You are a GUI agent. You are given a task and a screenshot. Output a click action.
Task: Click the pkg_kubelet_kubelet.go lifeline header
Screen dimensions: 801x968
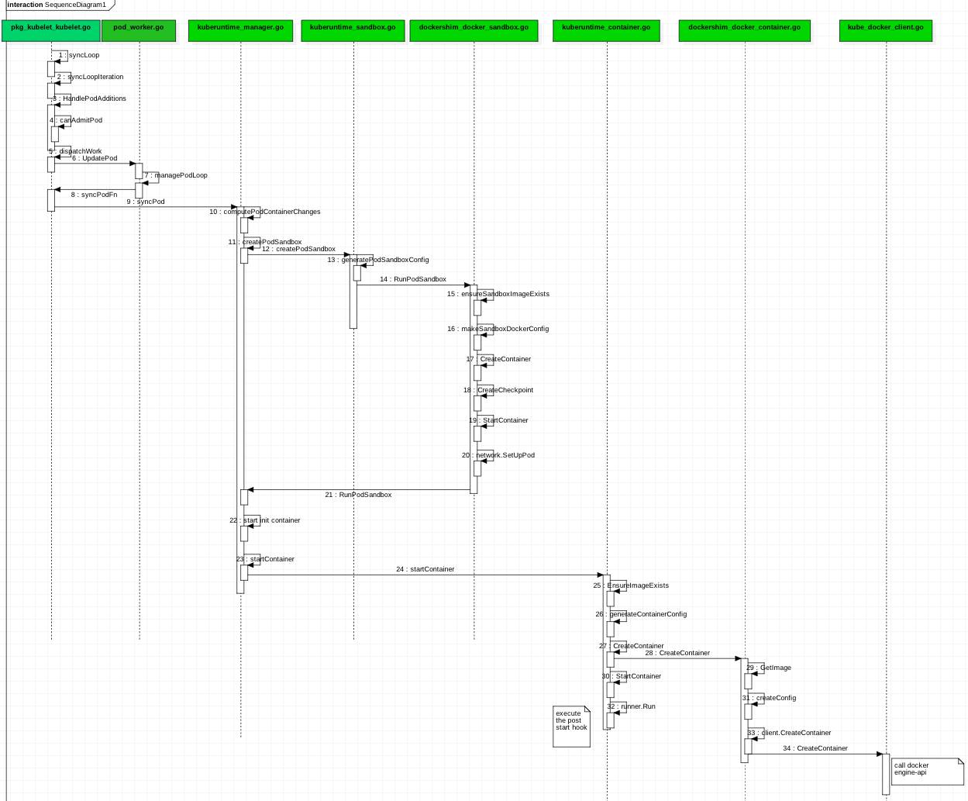tap(51, 30)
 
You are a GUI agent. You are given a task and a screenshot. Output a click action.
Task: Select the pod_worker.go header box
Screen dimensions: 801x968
tap(139, 30)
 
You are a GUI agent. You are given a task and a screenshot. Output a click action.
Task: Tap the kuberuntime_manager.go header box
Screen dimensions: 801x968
tap(240, 30)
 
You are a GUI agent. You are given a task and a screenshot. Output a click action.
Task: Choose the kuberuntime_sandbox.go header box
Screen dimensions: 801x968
tap(353, 30)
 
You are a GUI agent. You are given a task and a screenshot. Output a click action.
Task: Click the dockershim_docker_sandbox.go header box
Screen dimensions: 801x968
tap(474, 30)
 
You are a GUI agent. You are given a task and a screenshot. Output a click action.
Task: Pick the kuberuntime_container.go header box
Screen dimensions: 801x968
tap(606, 30)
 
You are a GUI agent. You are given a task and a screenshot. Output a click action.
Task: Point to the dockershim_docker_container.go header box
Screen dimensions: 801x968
tap(744, 30)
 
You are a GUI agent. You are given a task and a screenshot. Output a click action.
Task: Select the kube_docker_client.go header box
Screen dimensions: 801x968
tap(885, 30)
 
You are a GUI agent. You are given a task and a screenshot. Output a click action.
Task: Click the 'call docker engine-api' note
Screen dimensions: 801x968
tap(926, 771)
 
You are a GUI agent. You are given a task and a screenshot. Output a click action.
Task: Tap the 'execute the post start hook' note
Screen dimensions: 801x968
tap(571, 725)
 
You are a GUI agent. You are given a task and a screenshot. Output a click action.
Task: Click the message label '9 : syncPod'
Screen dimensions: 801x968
tap(146, 202)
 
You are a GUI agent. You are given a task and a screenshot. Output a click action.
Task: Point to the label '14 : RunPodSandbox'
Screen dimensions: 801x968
tap(412, 279)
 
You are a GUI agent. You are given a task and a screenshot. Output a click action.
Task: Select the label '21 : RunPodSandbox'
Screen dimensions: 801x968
tap(358, 495)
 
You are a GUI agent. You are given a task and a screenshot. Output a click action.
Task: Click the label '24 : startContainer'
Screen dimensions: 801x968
tap(425, 569)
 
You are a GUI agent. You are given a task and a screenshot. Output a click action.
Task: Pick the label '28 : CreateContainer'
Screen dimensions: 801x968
tap(677, 653)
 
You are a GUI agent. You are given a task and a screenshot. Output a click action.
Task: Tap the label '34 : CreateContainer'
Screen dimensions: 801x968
tap(815, 748)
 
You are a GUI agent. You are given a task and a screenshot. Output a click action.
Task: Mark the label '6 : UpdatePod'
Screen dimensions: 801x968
tap(95, 158)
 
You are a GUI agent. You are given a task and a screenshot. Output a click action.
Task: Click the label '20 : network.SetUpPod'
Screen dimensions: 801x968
tap(498, 455)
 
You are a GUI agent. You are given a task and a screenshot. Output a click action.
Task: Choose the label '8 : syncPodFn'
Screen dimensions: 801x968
tap(94, 195)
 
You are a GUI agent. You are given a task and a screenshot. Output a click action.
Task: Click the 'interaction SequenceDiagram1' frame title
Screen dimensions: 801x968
tap(57, 5)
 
